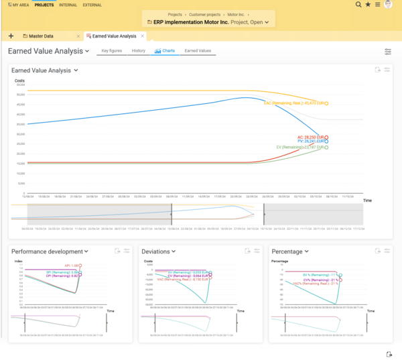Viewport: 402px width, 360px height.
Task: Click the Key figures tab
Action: pyautogui.click(x=111, y=51)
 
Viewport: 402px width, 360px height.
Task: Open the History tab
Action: pyautogui.click(x=139, y=51)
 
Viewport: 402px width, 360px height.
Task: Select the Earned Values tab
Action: pyautogui.click(x=198, y=51)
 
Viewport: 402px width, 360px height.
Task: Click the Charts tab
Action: pyautogui.click(x=165, y=51)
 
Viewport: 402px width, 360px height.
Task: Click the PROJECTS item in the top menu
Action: pyautogui.click(x=44, y=5)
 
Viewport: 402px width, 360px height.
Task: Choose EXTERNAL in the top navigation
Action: pyautogui.click(x=92, y=5)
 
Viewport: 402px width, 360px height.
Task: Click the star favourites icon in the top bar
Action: pyautogui.click(x=368, y=5)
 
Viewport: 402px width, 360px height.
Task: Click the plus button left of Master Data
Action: pyautogui.click(x=11, y=36)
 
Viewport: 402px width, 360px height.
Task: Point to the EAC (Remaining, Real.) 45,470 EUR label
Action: pyautogui.click(x=295, y=103)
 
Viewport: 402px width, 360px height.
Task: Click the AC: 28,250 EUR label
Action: pyautogui.click(x=310, y=137)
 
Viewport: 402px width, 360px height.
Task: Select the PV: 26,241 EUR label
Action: pyautogui.click(x=310, y=141)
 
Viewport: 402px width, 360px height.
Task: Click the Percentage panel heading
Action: pyautogui.click(x=289, y=251)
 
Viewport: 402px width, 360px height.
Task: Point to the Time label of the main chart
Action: pyautogui.click(x=367, y=200)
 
